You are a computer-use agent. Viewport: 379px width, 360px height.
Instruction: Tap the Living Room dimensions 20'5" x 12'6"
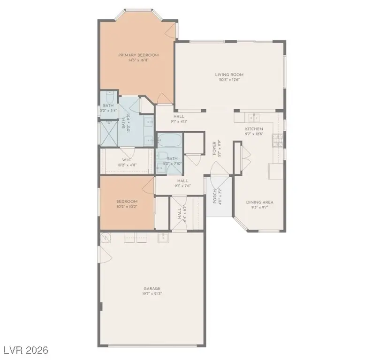point(229,80)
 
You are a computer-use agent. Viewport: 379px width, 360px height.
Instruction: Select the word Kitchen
point(254,129)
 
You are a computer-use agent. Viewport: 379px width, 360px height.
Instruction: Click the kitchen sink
point(254,117)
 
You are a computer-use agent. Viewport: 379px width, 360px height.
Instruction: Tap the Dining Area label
point(260,202)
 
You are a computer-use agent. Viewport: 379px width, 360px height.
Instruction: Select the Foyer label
point(214,149)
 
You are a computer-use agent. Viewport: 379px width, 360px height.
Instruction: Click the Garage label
point(152,288)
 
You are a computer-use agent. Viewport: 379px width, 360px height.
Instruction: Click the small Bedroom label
point(127,201)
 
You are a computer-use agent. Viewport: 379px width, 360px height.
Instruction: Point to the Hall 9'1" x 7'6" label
point(182,180)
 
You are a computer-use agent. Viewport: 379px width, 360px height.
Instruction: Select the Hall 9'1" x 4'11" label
point(178,116)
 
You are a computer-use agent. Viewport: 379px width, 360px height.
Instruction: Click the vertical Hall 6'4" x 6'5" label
point(180,214)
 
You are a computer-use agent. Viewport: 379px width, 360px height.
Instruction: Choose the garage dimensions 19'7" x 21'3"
point(152,294)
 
